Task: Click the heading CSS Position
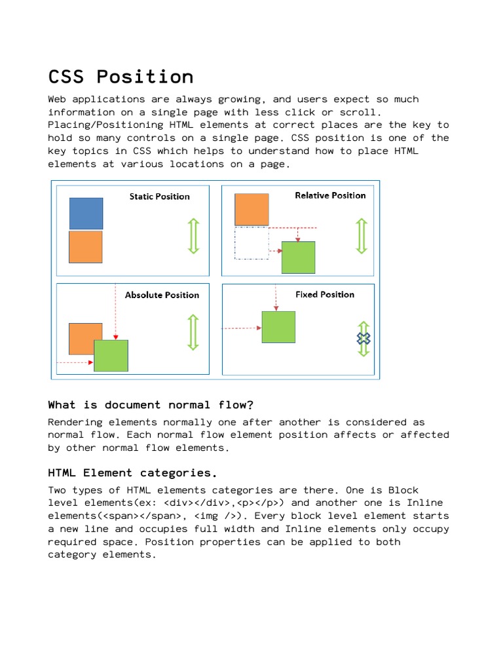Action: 121,77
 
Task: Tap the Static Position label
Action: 159,197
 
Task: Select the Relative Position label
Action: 330,195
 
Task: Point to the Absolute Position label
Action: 162,295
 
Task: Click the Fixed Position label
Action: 325,295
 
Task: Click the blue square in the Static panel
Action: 86,214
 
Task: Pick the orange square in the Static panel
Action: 86,247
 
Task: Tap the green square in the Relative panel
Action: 298,257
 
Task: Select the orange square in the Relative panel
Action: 251,210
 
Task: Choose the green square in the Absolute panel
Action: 111,356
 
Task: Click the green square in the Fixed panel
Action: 278,327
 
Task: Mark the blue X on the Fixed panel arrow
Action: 363,339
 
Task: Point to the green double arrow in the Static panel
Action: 193,236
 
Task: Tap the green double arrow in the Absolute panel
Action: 193,332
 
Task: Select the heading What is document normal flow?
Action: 150,405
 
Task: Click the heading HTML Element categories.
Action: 132,472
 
